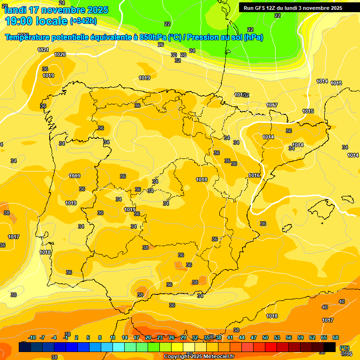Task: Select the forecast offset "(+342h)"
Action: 83,21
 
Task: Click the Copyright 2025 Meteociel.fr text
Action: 199,357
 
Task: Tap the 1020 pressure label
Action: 60,54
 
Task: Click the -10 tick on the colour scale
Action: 32,337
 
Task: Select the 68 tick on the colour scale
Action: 336,337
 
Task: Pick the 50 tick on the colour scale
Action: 265,337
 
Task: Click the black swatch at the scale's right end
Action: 330,347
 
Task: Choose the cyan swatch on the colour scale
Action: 119,347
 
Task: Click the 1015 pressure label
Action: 308,111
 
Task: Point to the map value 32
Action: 178,60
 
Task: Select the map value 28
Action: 183,55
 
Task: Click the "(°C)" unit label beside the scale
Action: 345,348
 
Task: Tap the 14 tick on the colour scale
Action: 125,337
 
